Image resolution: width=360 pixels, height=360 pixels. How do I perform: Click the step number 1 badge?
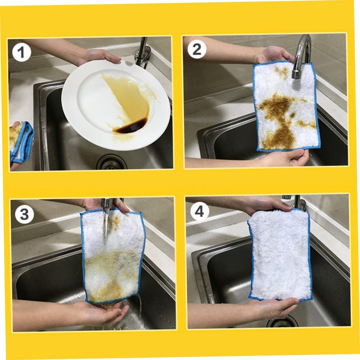click(21, 53)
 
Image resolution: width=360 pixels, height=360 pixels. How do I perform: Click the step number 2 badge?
click(197, 49)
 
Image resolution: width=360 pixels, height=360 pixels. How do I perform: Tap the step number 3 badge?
click(25, 214)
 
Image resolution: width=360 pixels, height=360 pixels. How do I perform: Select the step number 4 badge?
click(199, 211)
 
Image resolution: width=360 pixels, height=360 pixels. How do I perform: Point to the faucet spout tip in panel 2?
click(296, 74)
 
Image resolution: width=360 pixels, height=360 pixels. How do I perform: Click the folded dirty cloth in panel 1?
click(21, 141)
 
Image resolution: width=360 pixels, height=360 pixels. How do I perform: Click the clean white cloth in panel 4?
click(280, 255)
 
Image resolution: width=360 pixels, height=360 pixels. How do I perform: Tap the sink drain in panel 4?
click(282, 321)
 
